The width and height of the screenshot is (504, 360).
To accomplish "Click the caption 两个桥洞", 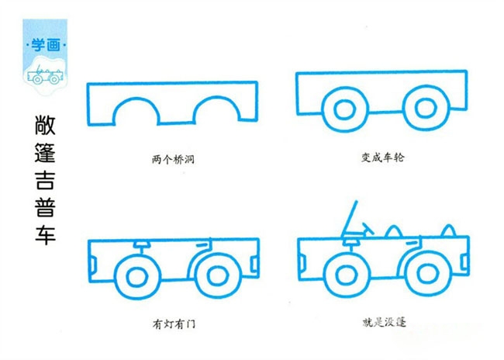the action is point(173,159).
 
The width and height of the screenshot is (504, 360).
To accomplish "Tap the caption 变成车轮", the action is point(382,157).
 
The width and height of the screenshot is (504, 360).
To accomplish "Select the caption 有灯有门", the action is point(174,324).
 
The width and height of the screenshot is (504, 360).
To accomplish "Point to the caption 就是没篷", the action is point(384,322).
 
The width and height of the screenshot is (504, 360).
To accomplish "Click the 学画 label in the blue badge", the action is point(46,45).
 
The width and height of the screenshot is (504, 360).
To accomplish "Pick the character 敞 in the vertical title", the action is point(45,125).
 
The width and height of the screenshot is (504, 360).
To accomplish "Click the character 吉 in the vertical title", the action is point(45,180).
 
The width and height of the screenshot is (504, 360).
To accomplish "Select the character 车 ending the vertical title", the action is point(45,235).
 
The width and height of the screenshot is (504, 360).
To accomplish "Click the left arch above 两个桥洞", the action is point(136,99).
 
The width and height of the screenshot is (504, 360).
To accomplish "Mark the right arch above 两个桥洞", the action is point(216,98).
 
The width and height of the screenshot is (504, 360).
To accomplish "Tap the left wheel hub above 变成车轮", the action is point(344,109).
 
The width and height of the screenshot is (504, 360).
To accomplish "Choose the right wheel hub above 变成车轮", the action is point(425,108).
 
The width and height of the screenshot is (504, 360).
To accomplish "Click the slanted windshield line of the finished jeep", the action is point(349,219).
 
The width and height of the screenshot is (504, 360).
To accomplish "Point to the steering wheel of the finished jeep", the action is point(367,229).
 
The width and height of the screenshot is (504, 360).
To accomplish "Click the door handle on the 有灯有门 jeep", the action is point(202,245).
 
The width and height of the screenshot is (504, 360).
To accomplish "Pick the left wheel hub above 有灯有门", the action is point(137,277).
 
